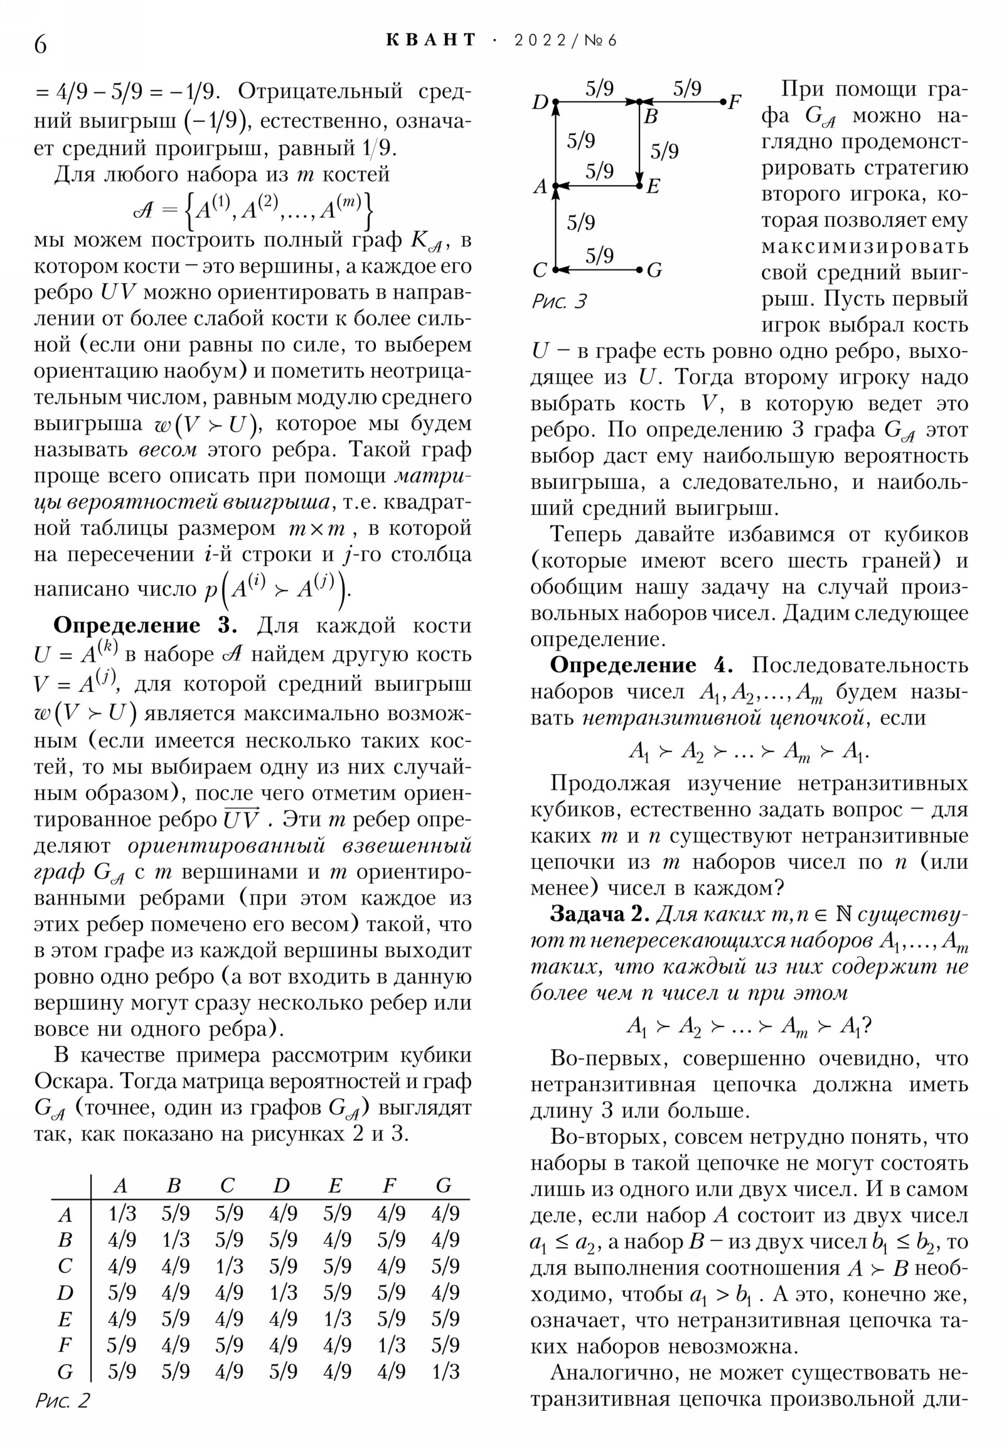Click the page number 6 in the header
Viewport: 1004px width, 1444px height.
(40, 45)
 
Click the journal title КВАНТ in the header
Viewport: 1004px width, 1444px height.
(430, 40)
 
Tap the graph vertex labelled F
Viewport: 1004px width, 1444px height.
(723, 101)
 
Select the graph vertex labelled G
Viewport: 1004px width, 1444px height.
(640, 270)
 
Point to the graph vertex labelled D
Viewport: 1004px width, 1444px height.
(555, 101)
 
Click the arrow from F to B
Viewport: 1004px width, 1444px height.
(682, 101)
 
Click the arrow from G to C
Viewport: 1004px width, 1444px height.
(597, 270)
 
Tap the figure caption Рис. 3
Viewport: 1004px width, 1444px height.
(558, 302)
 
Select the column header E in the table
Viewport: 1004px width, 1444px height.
(335, 1185)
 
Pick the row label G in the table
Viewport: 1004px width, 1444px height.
(65, 1371)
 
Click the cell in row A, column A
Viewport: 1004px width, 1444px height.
(121, 1213)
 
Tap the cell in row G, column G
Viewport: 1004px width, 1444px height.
(444, 1371)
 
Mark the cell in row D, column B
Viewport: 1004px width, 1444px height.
(176, 1293)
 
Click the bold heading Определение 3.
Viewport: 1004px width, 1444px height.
(145, 626)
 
